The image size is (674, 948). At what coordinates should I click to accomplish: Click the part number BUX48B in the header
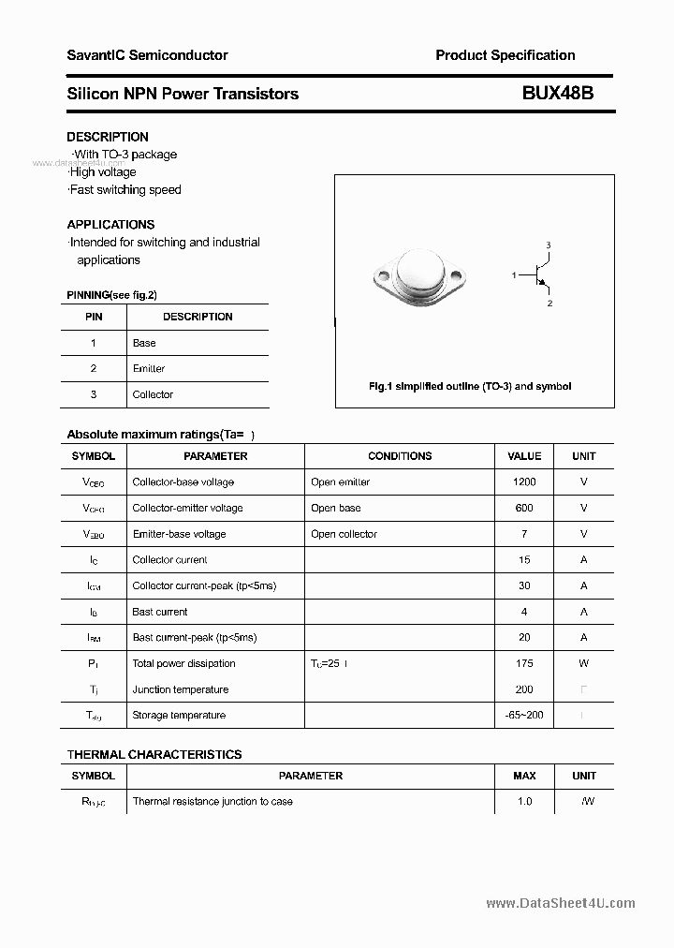point(557,94)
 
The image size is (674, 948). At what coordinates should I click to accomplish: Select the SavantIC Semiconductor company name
point(147,55)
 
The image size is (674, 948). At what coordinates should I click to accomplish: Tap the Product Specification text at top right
point(505,55)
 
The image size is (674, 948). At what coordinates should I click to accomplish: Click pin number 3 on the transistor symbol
point(549,245)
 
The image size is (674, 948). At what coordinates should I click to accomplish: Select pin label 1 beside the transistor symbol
point(514,275)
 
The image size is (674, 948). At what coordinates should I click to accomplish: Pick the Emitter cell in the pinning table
point(149,369)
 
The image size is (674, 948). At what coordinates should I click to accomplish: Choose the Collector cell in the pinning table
point(153,395)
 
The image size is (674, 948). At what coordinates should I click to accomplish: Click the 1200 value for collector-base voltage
point(524,482)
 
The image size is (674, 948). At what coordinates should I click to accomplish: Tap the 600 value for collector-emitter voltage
point(524,509)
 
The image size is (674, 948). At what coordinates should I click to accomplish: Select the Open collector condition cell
point(344,534)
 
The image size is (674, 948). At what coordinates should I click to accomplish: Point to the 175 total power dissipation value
point(524,663)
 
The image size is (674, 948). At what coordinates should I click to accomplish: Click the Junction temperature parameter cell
point(181,689)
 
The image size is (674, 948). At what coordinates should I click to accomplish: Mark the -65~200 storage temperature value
point(524,716)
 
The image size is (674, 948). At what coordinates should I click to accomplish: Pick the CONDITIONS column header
point(400,456)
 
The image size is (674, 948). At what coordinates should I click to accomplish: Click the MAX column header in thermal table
point(524,776)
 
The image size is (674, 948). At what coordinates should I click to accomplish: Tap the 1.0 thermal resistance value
point(524,802)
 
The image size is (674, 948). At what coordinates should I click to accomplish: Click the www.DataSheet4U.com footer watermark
point(561,903)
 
